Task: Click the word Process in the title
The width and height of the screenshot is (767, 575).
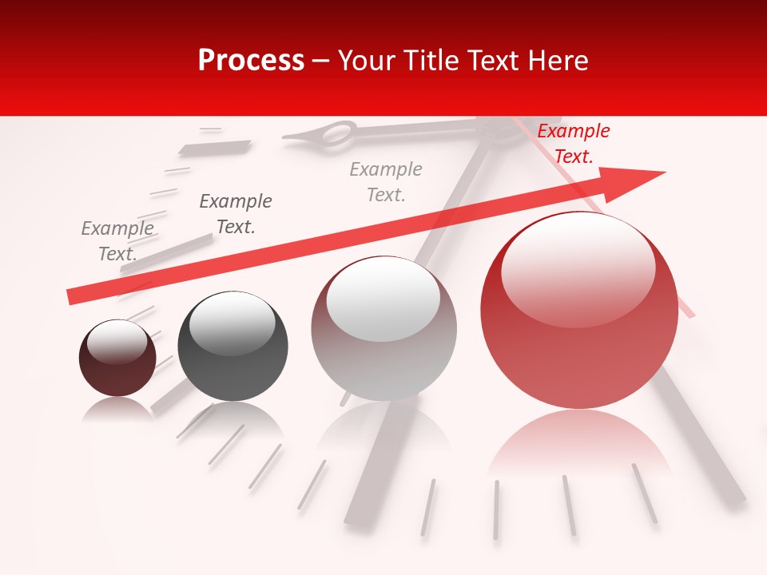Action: point(251,60)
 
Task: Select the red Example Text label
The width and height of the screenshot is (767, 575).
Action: point(573,144)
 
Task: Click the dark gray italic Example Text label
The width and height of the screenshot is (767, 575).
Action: point(235,214)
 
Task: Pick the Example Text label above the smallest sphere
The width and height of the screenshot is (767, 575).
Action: point(117,241)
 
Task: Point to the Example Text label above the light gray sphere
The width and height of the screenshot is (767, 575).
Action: point(386,182)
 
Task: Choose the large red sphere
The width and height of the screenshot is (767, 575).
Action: point(579,335)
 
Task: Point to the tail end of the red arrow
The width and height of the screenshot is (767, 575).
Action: point(72,296)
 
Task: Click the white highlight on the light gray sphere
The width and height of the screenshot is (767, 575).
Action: point(383,298)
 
